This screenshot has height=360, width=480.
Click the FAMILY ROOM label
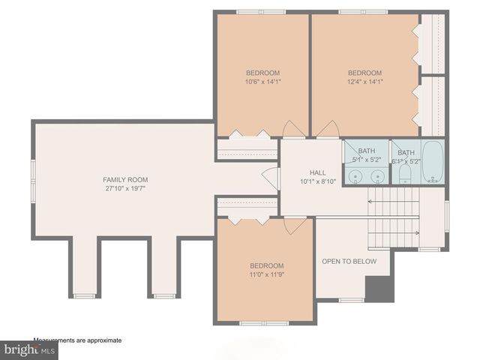pos(125,180)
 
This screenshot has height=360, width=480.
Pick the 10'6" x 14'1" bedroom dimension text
pos(262,82)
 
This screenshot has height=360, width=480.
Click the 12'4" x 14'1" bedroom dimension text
pos(364,82)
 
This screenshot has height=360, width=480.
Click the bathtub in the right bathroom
pos(433,162)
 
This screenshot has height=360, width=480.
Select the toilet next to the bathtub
pos(405,174)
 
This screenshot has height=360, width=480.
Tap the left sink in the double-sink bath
pos(355,176)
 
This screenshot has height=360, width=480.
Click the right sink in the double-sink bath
pos(379,176)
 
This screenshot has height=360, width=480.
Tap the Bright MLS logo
pos(29,349)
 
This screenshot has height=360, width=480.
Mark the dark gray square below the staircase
pos(379,289)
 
